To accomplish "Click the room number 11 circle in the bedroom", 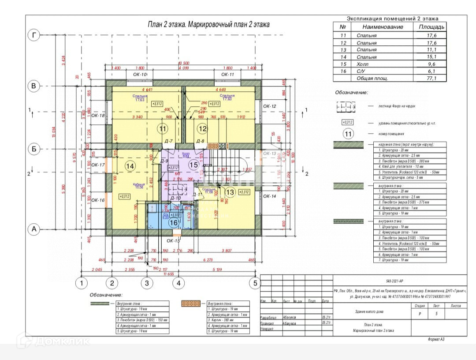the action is click(x=163, y=129).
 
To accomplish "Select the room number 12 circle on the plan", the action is click(x=202, y=129).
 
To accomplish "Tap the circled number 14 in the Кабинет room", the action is click(x=130, y=166).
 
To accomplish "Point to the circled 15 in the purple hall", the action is click(x=193, y=165).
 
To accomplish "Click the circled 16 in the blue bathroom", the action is click(x=174, y=223).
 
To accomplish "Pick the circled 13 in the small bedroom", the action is click(x=230, y=192).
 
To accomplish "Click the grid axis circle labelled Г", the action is click(x=33, y=35).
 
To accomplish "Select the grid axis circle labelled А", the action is click(x=33, y=229).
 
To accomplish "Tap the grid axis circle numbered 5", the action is click(x=254, y=283).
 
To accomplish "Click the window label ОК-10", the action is click(x=140, y=75).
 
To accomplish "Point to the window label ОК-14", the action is click(x=269, y=196).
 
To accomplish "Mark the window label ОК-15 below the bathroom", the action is click(x=174, y=241).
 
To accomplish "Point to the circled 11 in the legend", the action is click(x=348, y=134).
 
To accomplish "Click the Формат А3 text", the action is click(x=441, y=339).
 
